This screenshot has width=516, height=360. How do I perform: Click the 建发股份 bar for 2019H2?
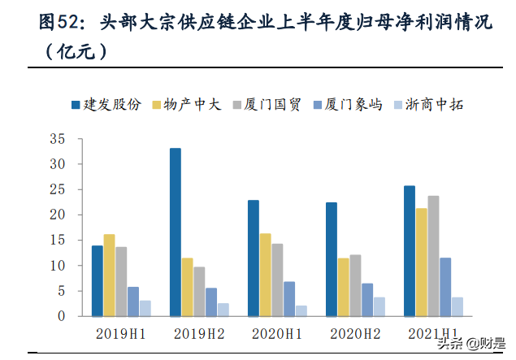pyautogui.click(x=176, y=232)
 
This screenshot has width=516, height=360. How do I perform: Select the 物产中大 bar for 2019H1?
pyautogui.click(x=109, y=275)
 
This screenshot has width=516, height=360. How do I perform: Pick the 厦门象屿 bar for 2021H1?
pyautogui.click(x=445, y=287)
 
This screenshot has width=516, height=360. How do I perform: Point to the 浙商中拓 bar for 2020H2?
pyautogui.click(x=379, y=307)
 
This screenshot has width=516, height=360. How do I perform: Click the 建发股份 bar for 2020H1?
pyautogui.click(x=254, y=258)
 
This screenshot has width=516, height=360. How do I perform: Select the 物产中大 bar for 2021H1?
pyautogui.click(x=422, y=262)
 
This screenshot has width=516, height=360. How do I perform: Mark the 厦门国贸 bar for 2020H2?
pyautogui.click(x=356, y=285)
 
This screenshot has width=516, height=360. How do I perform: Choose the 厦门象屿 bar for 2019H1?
pyautogui.click(x=133, y=301)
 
